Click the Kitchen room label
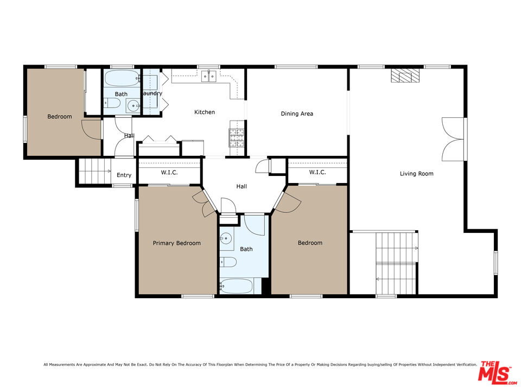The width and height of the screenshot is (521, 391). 205,112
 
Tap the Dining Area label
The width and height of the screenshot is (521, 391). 297,114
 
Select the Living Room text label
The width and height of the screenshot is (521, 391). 416,174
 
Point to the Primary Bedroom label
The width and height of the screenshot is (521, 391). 176,243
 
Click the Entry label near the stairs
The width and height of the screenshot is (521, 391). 124,175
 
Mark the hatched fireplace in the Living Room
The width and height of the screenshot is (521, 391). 405,75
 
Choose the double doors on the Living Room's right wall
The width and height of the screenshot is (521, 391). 454,139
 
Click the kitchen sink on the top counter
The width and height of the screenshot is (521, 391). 208,76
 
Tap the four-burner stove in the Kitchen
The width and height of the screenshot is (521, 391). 237,137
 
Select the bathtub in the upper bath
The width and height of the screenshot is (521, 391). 122,79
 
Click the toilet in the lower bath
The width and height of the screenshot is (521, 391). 228,263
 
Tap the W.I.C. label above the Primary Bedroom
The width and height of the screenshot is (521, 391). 169,173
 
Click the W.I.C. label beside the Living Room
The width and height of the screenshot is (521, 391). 317,173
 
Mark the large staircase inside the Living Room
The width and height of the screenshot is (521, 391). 396,263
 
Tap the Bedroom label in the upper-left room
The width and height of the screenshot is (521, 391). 59,117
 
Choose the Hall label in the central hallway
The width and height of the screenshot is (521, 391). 242,186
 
